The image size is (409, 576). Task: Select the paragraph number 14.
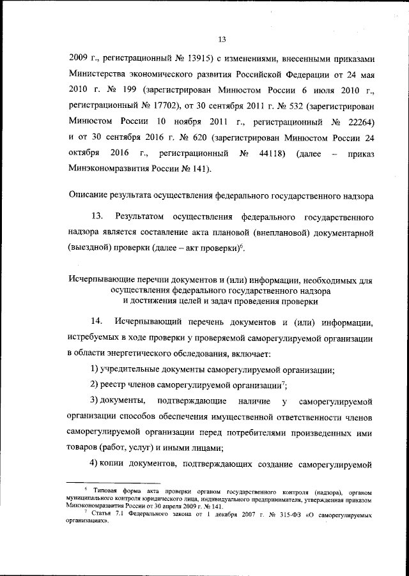pos(98,320)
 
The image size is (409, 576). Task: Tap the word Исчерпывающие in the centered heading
pos(98,280)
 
